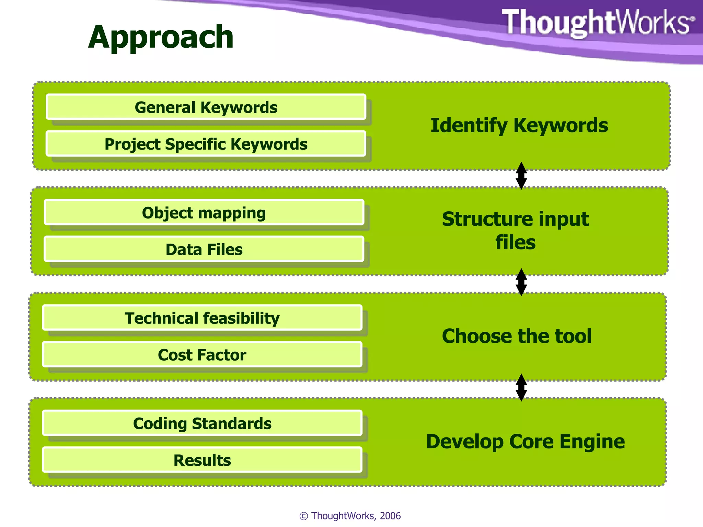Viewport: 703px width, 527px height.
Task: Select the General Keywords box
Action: point(206,107)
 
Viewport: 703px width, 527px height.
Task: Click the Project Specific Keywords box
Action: point(206,144)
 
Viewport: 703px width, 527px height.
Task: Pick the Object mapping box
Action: point(204,213)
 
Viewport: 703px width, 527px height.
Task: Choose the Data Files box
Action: point(204,249)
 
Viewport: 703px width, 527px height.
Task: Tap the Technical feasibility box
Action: point(202,318)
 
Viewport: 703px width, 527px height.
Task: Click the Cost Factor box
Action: point(202,355)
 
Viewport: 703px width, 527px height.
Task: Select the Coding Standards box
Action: point(202,423)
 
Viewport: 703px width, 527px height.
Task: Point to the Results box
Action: point(202,460)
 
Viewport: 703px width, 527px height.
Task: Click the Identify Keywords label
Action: point(519,126)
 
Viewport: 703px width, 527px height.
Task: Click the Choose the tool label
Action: point(517,336)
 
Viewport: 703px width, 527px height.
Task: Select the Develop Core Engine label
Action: point(525,442)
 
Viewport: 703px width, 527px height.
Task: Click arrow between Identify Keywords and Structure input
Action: point(521,176)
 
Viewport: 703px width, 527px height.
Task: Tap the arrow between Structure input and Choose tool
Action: point(521,282)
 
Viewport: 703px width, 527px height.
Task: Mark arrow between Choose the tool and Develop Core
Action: point(521,387)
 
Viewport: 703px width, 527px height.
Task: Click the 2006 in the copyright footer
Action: point(390,516)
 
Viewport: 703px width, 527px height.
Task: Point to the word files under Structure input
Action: point(515,243)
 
